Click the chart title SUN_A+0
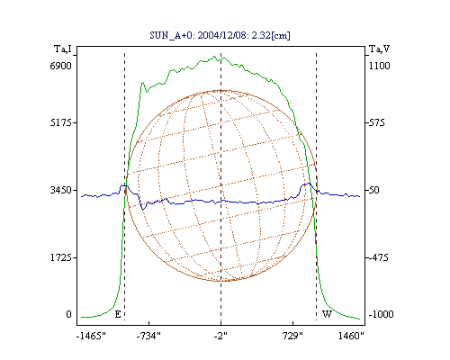click(172, 35)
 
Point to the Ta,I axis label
click(63, 49)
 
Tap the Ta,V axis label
click(379, 49)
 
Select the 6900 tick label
click(60, 66)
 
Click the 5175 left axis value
click(60, 122)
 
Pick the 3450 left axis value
click(60, 190)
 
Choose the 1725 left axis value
click(60, 257)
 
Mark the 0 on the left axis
click(68, 314)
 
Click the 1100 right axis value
click(380, 66)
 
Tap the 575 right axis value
click(376, 122)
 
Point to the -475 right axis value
click(378, 257)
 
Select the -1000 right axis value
click(381, 314)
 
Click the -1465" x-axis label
click(92, 336)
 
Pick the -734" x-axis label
click(148, 336)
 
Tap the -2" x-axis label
click(220, 336)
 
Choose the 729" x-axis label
click(292, 336)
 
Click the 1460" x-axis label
click(351, 336)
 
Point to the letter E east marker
click(118, 314)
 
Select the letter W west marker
click(327, 314)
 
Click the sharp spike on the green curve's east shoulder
click(142, 82)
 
